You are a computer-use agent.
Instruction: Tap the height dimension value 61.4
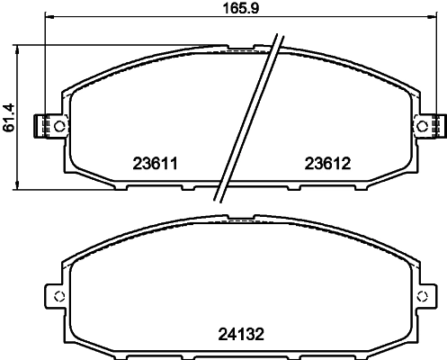9,115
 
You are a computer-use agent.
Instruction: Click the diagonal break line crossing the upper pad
245,117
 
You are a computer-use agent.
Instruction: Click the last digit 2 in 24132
262,332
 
